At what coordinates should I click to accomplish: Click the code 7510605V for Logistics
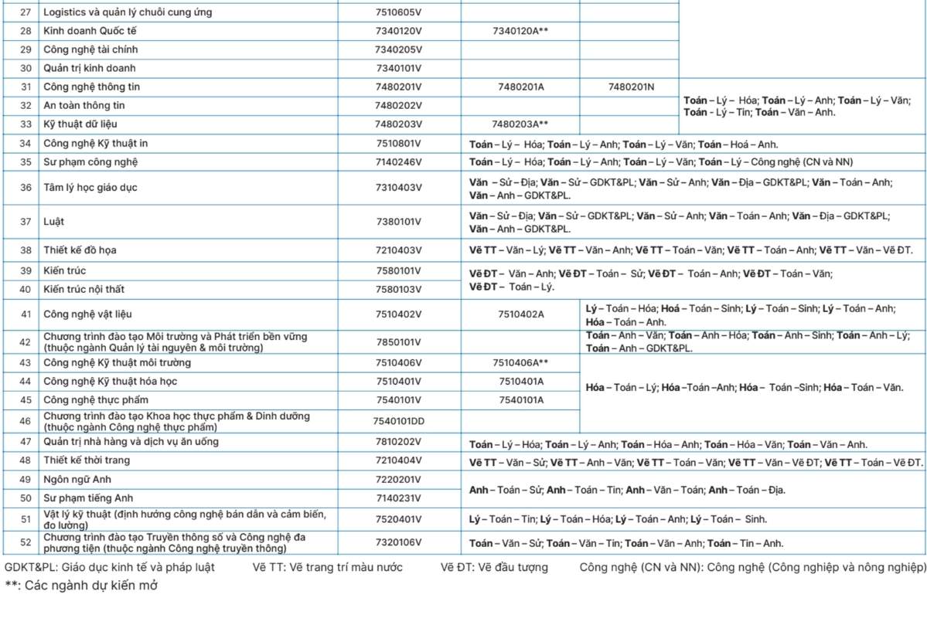pyautogui.click(x=398, y=12)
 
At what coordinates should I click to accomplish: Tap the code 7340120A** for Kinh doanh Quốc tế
pyautogui.click(x=520, y=31)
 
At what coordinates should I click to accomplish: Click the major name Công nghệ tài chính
pyautogui.click(x=90, y=49)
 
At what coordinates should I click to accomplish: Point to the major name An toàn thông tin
pyautogui.click(x=84, y=105)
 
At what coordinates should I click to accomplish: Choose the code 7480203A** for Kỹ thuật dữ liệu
pyautogui.click(x=520, y=124)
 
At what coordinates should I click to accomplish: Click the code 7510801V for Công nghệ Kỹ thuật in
pyautogui.click(x=398, y=144)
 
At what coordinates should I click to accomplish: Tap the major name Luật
pyautogui.click(x=53, y=222)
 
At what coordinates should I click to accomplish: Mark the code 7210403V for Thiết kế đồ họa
pyautogui.click(x=398, y=250)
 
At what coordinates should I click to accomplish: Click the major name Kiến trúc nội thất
pyautogui.click(x=83, y=290)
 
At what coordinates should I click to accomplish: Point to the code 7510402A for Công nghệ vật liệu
pyautogui.click(x=520, y=314)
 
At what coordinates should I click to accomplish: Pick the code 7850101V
pyautogui.click(x=398, y=342)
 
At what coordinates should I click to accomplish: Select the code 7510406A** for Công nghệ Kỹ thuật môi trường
pyautogui.click(x=520, y=362)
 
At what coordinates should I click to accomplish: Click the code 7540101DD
pyautogui.click(x=399, y=421)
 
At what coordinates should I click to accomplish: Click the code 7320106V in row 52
pyautogui.click(x=398, y=542)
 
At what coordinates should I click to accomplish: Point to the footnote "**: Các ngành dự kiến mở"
pyautogui.click(x=81, y=586)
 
